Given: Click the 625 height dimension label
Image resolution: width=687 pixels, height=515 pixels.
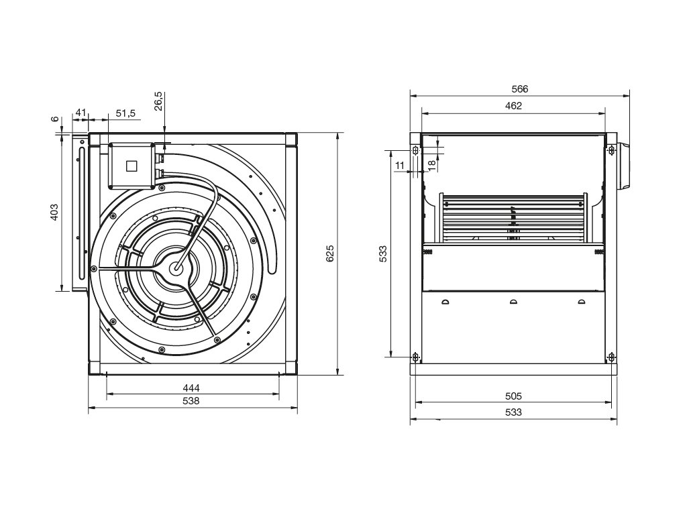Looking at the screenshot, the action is [x=330, y=253].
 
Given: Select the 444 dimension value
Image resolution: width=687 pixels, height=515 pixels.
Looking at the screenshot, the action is [x=191, y=388].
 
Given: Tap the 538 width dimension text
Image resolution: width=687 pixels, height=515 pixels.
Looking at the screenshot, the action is [x=191, y=401].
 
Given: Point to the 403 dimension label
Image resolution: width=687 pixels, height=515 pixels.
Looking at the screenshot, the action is [x=54, y=212].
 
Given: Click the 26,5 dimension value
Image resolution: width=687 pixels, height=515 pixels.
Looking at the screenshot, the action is [x=158, y=101].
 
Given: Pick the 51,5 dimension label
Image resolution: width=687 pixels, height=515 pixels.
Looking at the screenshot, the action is [x=125, y=113].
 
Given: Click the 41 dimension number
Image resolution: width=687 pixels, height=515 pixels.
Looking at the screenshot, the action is [x=81, y=113].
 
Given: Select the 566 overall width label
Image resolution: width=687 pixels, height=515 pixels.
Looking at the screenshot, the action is [x=520, y=89].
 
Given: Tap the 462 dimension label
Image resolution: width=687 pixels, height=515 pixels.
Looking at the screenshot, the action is [x=513, y=106].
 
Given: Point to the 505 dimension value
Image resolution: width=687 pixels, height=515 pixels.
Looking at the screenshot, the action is [x=513, y=396].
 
